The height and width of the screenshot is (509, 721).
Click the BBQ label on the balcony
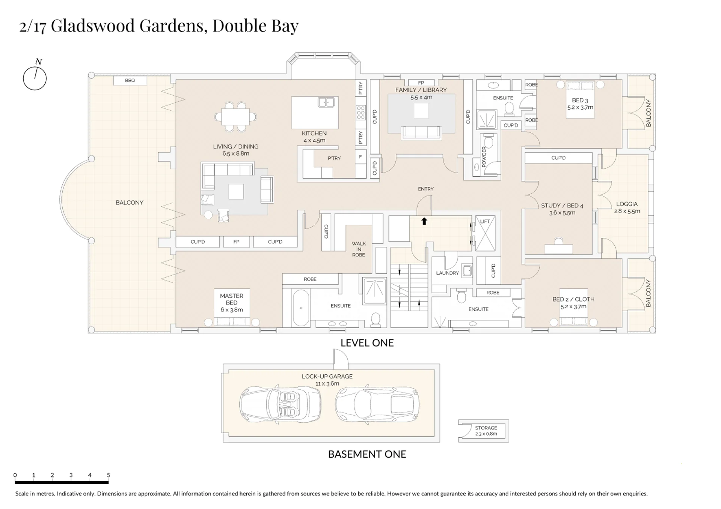point(130,80)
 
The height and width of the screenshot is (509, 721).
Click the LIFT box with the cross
point(485,233)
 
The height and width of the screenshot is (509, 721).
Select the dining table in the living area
point(235,117)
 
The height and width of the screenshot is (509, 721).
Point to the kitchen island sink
point(326,102)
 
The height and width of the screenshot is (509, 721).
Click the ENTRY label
point(426,189)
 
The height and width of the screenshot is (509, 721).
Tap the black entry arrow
point(424,221)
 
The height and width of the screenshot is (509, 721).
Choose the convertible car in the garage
point(280,405)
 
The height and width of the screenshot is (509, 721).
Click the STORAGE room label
point(486,428)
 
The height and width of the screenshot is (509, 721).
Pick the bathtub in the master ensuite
point(301,308)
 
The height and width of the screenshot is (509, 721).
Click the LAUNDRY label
point(447,273)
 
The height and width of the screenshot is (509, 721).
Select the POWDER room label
point(484,157)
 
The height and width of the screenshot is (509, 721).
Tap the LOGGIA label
point(627,204)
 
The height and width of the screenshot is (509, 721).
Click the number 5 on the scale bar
point(108,475)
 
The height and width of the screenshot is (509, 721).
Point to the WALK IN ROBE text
point(359,249)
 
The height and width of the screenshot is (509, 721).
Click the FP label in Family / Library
point(421,83)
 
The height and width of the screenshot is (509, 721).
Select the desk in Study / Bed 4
point(559,249)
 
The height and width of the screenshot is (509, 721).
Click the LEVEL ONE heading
point(367,343)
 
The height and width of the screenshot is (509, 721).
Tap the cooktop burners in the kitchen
point(360,113)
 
